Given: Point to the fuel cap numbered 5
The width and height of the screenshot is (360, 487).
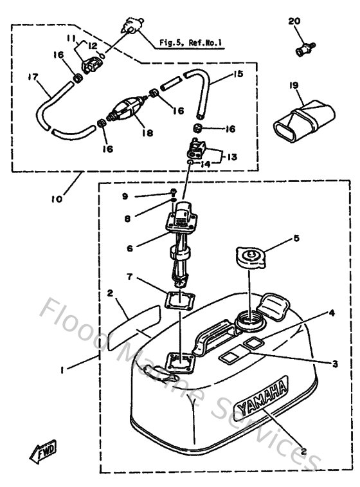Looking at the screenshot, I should (249, 258).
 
